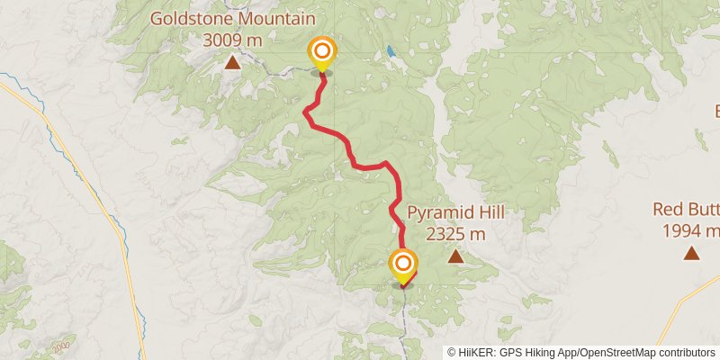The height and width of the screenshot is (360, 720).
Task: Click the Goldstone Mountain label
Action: tap(232, 19)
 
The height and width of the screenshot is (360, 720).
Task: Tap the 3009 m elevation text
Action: tap(232, 40)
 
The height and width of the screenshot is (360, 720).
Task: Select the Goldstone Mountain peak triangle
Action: tap(232, 62)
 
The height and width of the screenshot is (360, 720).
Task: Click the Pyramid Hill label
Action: tap(455, 213)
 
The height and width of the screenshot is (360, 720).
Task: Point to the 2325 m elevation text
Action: tap(455, 234)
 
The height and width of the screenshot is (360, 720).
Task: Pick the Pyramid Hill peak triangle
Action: tap(455, 257)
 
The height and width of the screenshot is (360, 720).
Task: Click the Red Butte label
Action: tap(687, 210)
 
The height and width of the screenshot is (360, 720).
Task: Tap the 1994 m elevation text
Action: tap(690, 231)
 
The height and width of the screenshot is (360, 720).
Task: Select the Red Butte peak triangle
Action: tap(690, 253)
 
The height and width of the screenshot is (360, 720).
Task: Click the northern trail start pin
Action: tap(320, 52)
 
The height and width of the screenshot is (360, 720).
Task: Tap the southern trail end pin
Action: tap(403, 265)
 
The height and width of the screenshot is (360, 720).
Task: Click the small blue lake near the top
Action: tap(390, 51)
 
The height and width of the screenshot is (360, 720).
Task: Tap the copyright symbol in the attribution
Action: tap(452, 353)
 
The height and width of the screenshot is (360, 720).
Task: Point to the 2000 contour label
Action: tap(61, 346)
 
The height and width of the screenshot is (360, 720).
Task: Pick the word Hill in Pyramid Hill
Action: tap(487, 213)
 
